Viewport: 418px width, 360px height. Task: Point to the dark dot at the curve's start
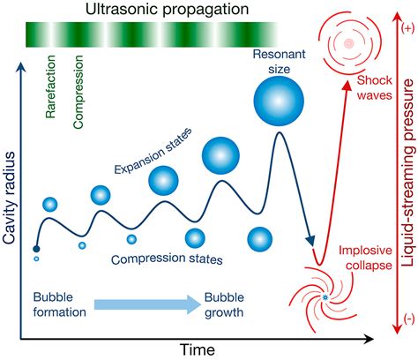click(x=36, y=249)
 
